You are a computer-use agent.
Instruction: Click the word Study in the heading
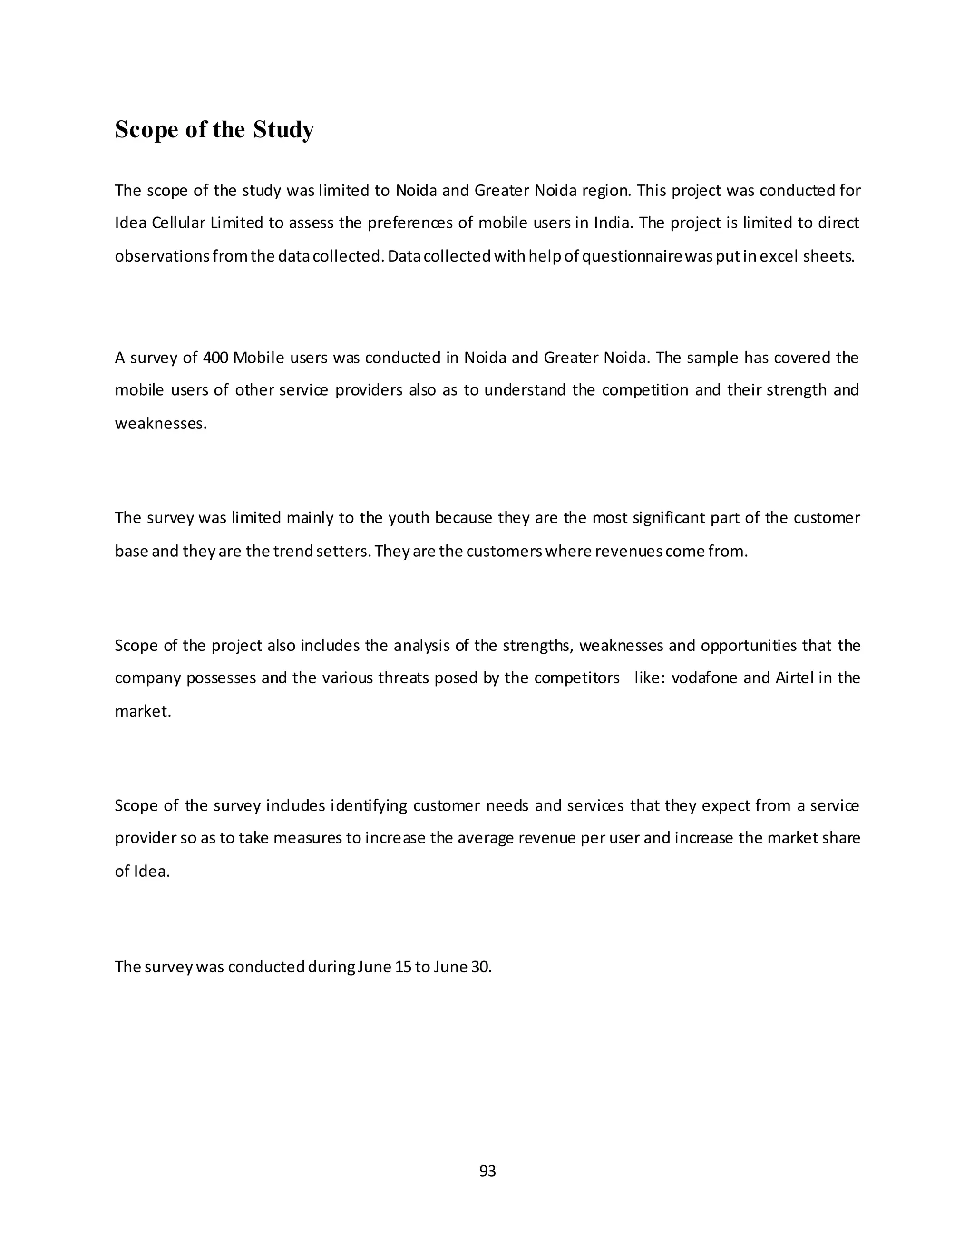[283, 130]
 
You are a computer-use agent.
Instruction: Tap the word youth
[409, 518]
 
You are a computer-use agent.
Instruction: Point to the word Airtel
[794, 678]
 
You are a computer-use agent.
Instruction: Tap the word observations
[162, 256]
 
